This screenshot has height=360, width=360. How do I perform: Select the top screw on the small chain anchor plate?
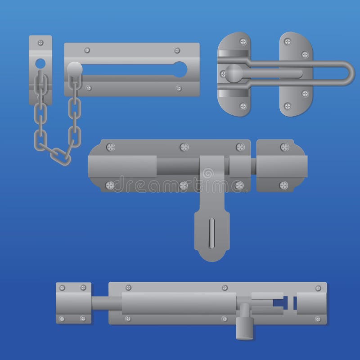(x=40, y=43)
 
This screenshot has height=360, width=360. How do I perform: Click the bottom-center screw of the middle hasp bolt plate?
(x=183, y=184)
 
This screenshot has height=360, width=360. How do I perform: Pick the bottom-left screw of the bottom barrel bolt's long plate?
(x=128, y=319)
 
